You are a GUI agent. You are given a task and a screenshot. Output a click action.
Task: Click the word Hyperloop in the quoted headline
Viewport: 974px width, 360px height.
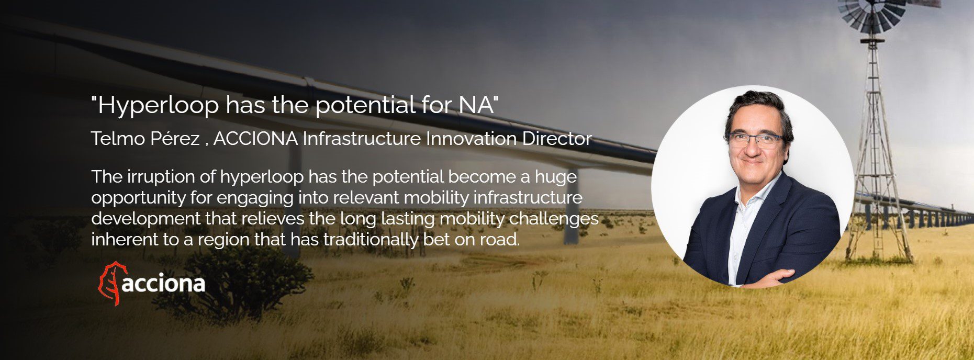click(x=159, y=106)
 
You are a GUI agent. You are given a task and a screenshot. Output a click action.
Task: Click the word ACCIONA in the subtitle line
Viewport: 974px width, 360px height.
click(x=255, y=139)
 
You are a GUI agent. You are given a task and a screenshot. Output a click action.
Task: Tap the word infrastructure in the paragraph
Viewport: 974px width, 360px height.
click(x=526, y=198)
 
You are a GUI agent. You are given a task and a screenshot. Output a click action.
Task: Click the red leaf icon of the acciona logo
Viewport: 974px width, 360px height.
click(x=109, y=283)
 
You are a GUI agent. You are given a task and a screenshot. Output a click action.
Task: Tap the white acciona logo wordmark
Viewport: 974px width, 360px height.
click(x=163, y=285)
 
